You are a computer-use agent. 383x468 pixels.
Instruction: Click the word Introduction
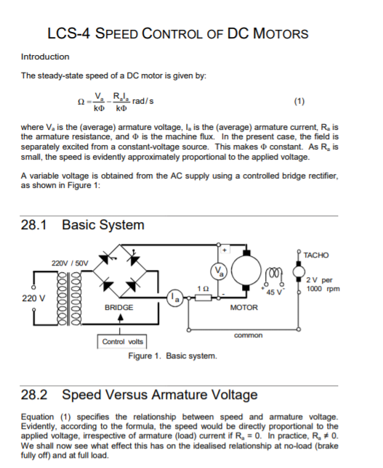[45, 57]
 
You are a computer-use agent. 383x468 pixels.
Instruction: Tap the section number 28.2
[36, 395]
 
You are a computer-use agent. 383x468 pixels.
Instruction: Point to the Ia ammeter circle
[175, 296]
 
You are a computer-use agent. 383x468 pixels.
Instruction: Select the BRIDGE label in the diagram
[118, 308]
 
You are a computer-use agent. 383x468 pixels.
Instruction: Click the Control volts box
[124, 340]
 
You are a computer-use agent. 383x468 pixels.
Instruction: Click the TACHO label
[317, 255]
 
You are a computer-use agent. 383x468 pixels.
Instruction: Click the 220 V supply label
[31, 297]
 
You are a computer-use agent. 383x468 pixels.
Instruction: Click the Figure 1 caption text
[172, 356]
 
